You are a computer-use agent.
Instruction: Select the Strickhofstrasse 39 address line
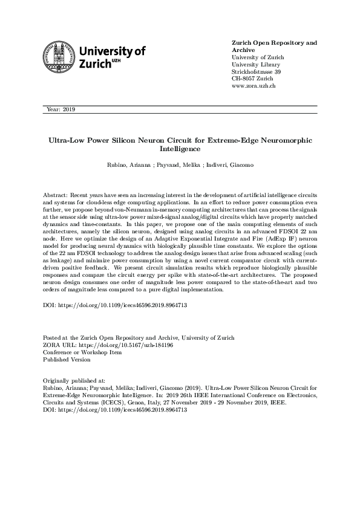[x=257, y=72]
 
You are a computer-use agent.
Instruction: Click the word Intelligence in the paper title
[x=180, y=148]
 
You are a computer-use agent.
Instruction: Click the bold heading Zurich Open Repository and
[x=275, y=43]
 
